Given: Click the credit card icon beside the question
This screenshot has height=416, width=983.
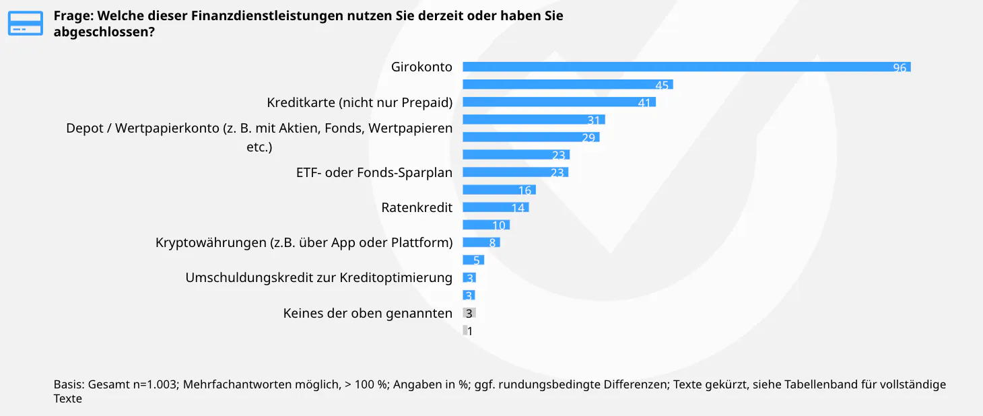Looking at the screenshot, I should click(25, 23).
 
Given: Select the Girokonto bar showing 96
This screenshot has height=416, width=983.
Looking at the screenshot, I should click(686, 67).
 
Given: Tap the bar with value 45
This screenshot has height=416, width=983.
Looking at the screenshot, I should click(568, 84).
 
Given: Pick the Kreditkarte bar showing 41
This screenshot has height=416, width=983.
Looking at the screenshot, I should click(559, 102).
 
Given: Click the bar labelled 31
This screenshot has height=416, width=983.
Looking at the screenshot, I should click(533, 120).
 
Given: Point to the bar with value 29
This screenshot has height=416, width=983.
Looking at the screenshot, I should click(531, 137).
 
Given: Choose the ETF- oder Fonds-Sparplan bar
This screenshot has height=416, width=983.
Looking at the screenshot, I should click(515, 172).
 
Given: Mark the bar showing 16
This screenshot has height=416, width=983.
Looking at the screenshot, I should click(499, 190).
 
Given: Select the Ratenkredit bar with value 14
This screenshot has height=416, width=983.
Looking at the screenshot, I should click(496, 207).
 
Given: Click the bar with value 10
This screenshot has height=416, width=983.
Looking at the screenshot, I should click(486, 225).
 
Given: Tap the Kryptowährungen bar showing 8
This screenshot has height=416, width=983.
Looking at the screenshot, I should click(481, 242).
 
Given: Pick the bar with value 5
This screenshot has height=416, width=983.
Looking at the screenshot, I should click(473, 260).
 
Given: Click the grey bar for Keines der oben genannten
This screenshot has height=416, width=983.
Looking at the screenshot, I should click(469, 313).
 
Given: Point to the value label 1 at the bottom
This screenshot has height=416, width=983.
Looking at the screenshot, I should click(470, 331).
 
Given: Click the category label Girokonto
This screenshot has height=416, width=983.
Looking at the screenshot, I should click(421, 67).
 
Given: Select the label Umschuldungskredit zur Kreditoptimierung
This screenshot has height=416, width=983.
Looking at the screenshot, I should click(318, 277).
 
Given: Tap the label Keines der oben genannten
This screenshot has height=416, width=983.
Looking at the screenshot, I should click(368, 313).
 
